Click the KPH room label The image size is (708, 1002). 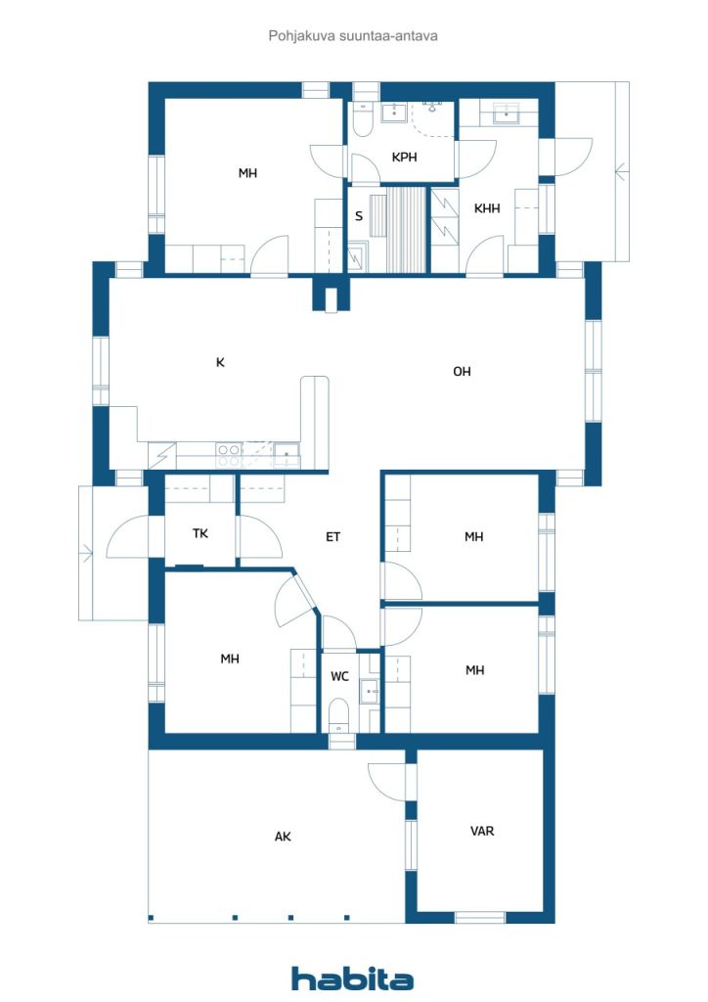(404, 157)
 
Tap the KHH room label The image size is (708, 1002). (486, 207)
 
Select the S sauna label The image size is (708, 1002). (359, 216)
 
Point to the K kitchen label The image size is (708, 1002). (220, 362)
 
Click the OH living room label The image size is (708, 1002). (462, 371)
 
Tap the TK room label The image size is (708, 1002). (200, 533)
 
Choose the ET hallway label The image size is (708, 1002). (332, 537)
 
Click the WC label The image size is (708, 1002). (339, 676)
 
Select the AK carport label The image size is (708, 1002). (283, 837)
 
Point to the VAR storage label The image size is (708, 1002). (482, 831)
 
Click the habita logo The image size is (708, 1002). (352, 979)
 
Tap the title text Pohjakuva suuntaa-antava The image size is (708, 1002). (353, 36)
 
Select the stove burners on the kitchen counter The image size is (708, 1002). (229, 455)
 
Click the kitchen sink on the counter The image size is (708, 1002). (286, 455)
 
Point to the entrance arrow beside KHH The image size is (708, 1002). (621, 170)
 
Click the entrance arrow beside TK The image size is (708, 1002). (85, 553)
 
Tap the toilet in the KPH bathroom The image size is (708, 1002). (362, 119)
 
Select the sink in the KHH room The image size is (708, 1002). (508, 114)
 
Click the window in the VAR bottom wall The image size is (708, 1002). (480, 918)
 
